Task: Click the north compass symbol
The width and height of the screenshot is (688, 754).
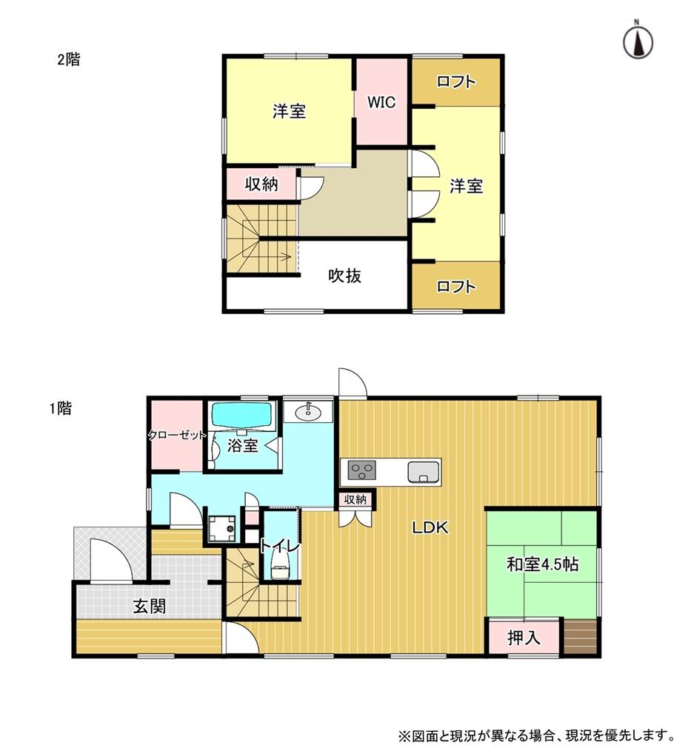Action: (x=638, y=41)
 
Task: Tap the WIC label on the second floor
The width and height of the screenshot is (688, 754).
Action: (x=381, y=102)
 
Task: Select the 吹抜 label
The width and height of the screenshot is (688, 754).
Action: (x=344, y=276)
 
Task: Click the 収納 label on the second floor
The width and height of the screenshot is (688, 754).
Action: (x=261, y=184)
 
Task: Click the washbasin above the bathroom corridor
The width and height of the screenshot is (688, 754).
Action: (x=307, y=412)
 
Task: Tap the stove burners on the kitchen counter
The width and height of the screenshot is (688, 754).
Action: (x=361, y=470)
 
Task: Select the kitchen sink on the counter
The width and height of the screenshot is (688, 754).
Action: (x=423, y=472)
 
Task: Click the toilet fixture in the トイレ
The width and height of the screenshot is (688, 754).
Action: (x=280, y=564)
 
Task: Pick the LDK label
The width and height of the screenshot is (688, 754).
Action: (x=430, y=527)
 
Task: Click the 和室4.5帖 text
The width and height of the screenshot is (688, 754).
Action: (x=542, y=564)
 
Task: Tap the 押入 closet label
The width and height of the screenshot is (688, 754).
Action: (x=524, y=638)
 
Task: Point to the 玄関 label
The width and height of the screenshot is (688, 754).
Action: (x=149, y=607)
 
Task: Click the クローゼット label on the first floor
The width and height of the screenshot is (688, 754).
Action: (x=176, y=436)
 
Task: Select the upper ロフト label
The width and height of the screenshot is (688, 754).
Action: (x=455, y=81)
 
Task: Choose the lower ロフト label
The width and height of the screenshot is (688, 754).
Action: (x=455, y=287)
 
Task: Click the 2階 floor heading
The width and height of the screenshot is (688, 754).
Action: (x=69, y=60)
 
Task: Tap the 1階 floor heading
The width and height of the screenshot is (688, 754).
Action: (x=61, y=408)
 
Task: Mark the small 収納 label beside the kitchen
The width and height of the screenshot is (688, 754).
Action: (x=355, y=499)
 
